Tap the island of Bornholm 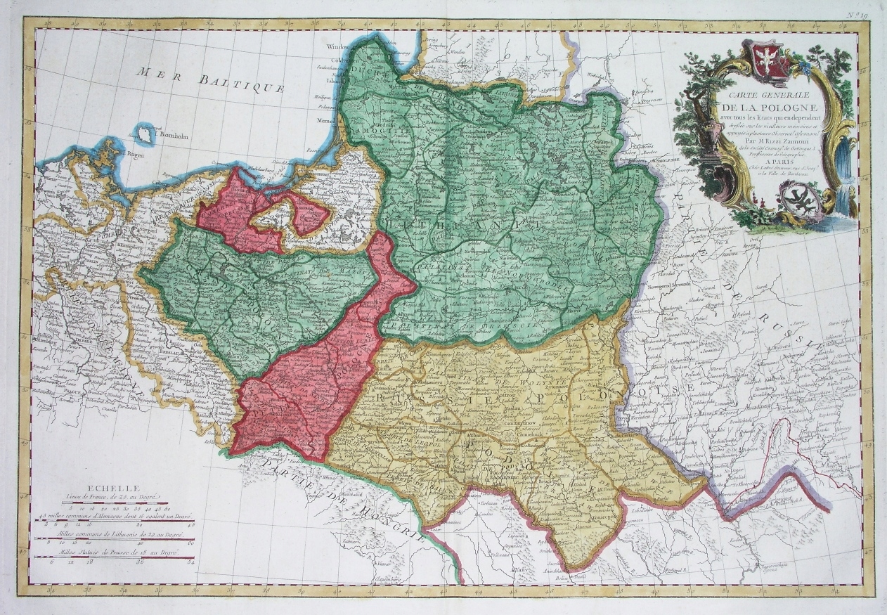point(145,132)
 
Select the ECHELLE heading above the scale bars point(106,487)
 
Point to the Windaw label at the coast point(339,47)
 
